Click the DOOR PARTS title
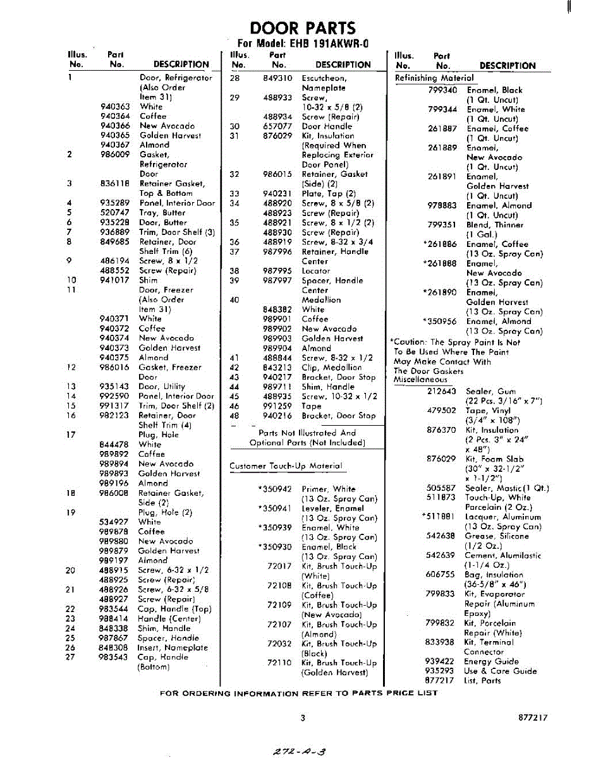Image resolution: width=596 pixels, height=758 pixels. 303,28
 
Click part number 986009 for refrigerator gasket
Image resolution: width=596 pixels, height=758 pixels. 115,154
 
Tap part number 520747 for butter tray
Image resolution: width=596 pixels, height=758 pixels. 115,213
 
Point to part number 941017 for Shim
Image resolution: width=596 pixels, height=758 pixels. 115,280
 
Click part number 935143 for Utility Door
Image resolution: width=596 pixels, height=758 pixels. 115,387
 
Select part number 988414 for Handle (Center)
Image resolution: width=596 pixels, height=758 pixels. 115,619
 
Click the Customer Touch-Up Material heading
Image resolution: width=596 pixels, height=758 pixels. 286,466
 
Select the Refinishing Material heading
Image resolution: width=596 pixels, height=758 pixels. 434,78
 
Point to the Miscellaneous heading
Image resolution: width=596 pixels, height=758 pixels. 420,380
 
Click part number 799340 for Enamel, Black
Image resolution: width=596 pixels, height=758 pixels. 442,90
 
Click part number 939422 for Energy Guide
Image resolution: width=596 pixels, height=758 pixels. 440,661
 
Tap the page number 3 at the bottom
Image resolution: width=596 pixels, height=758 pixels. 303,718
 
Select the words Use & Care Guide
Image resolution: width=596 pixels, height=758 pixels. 500,671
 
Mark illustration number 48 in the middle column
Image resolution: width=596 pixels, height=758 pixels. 234,416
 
